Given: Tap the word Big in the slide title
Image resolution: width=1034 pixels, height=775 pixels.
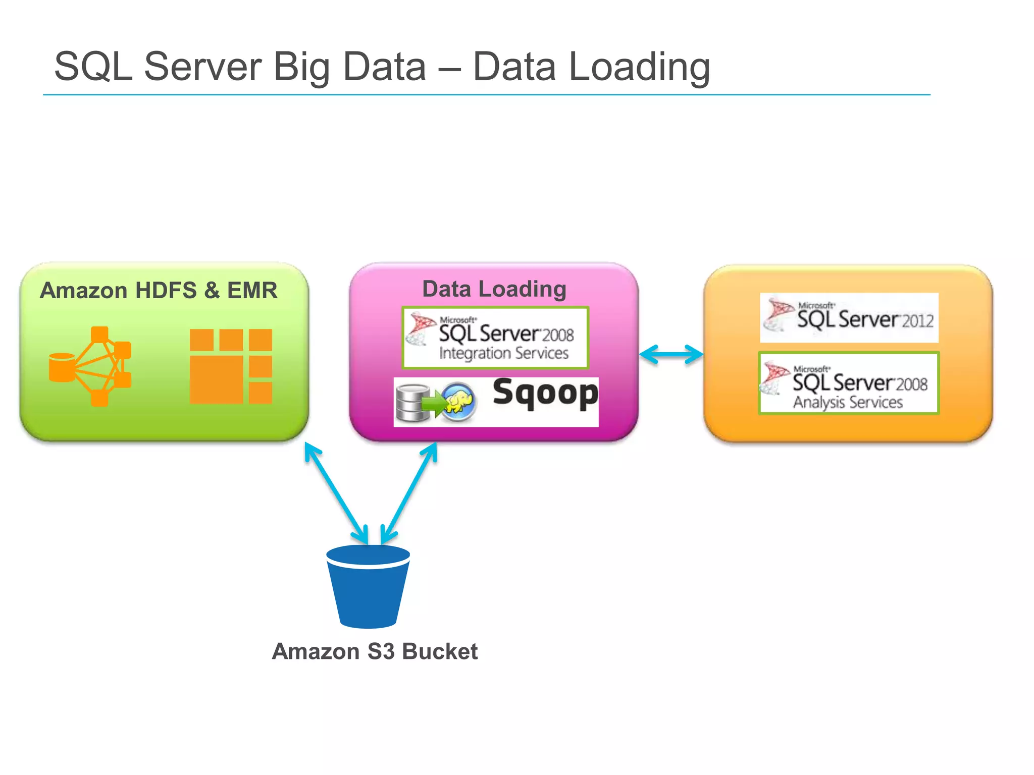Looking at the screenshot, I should pyautogui.click(x=301, y=67).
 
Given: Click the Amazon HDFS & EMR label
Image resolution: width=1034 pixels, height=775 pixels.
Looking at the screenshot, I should pyautogui.click(x=159, y=291).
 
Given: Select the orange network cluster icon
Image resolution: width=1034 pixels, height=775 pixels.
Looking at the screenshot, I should pyautogui.click(x=91, y=366).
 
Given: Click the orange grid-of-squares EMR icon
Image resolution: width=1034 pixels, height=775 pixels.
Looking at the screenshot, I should pyautogui.click(x=231, y=366).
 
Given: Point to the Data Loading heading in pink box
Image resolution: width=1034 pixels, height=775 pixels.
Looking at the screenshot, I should pyautogui.click(x=494, y=289).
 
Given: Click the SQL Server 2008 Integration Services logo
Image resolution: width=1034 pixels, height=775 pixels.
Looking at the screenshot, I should pyautogui.click(x=495, y=338).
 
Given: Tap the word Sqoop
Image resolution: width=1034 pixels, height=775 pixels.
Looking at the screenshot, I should pyautogui.click(x=545, y=394).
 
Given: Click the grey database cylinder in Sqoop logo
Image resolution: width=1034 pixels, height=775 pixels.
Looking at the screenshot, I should pyautogui.click(x=412, y=403).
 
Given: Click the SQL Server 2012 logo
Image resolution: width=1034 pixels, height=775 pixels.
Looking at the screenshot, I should pyautogui.click(x=849, y=318).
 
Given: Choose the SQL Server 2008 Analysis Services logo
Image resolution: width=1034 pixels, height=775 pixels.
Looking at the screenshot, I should pyautogui.click(x=849, y=383).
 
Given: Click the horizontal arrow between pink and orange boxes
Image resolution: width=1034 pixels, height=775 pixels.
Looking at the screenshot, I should pyautogui.click(x=671, y=354).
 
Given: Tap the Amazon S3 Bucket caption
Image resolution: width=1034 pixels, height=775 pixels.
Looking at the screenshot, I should pyautogui.click(x=375, y=651).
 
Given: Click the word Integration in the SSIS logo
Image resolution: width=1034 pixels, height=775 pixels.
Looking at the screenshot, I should pyautogui.click(x=475, y=354).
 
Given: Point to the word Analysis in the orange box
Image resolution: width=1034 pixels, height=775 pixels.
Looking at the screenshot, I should pyautogui.click(x=818, y=403).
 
